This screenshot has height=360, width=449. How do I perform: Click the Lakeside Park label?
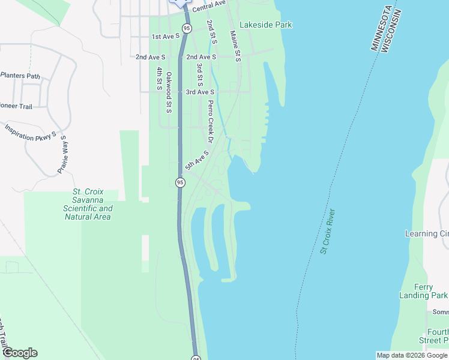click(x=265, y=25)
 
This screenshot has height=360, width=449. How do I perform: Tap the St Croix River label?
click(x=328, y=232)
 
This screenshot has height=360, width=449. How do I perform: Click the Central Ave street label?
click(x=208, y=7)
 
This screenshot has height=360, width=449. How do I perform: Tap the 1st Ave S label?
click(x=166, y=37)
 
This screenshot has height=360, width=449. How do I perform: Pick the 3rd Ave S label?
click(x=200, y=92)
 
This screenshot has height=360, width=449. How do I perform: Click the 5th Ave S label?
click(x=197, y=160)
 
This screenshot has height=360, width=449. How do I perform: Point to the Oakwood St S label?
click(x=169, y=92)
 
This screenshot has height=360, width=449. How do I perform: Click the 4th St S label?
click(x=160, y=79)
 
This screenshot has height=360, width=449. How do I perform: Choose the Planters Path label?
click(x=20, y=76)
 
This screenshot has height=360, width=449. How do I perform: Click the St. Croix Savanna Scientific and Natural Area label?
click(x=88, y=205)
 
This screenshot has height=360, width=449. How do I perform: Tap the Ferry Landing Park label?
click(x=423, y=291)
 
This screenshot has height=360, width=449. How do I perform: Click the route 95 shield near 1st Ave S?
click(x=187, y=28)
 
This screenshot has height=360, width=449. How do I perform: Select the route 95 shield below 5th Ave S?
click(x=180, y=182)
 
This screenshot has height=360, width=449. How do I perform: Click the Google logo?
click(x=20, y=353)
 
